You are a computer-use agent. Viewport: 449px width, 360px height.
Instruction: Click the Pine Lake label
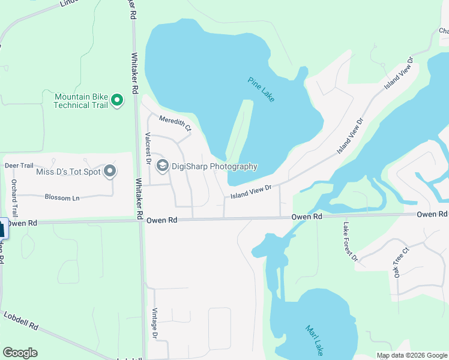coord(261,89)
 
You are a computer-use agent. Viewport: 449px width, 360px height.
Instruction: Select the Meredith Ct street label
coord(175,123)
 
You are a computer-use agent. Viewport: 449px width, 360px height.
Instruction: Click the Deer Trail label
coord(19,165)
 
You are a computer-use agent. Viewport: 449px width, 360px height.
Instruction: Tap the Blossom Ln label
coord(62,197)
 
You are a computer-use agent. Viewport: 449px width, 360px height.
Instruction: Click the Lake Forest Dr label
coord(350,242)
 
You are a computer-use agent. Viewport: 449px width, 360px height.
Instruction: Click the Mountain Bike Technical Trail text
coord(80,100)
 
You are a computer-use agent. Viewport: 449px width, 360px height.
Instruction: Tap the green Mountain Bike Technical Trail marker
coord(117,100)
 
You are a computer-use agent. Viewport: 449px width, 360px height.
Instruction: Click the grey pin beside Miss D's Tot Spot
coord(110,172)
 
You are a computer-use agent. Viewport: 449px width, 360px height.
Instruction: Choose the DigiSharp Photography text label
coord(214,167)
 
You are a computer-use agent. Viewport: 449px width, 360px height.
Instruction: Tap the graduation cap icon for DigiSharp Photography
coord(162,166)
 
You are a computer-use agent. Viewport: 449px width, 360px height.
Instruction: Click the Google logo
coord(20,353)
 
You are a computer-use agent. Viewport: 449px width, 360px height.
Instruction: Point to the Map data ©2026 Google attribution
coord(412,355)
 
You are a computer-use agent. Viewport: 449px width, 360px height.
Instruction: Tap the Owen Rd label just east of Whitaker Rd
coord(162,220)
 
